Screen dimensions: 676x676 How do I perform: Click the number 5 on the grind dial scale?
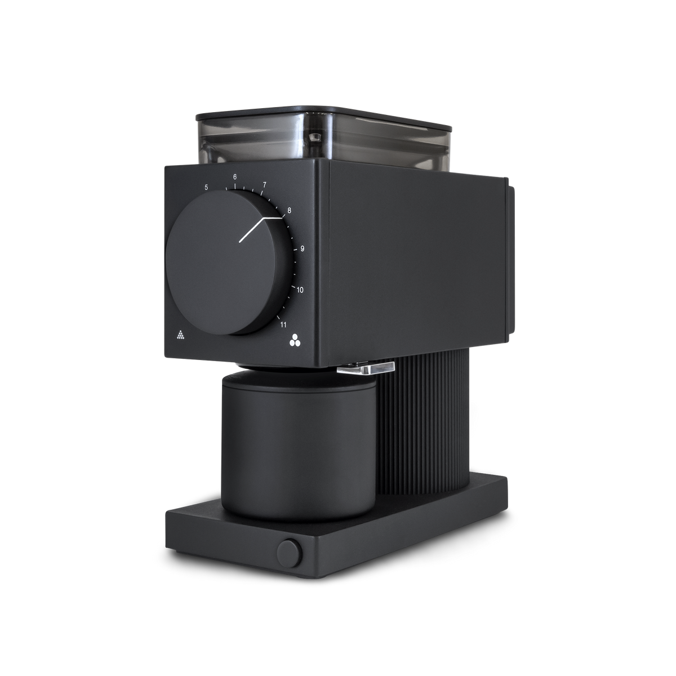pos(206,188)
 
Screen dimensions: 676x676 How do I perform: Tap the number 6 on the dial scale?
pos(235,177)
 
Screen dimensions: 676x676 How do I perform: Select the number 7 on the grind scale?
pos(264,185)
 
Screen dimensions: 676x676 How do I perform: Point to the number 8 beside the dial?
pos(289,211)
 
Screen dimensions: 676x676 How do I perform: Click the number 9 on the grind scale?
pos(302,249)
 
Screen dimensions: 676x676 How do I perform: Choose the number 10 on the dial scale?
pos(300,290)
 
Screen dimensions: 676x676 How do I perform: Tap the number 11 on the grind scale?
pos(283,324)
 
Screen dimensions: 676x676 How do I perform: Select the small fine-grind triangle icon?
pos(180,334)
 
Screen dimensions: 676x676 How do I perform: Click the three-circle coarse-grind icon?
pos(295,340)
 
